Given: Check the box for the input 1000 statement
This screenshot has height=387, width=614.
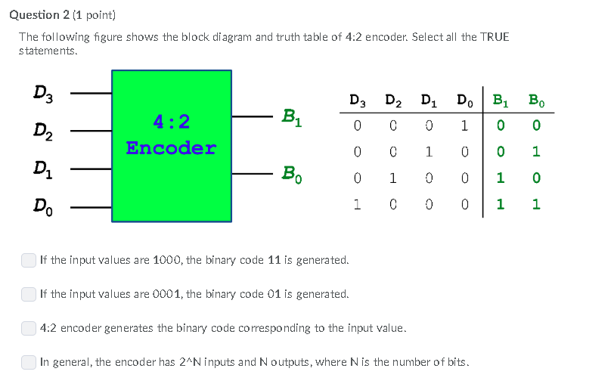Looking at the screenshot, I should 29,260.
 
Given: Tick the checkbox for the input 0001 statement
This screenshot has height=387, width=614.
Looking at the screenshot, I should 29,293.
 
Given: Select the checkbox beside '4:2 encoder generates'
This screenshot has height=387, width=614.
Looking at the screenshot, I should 29,328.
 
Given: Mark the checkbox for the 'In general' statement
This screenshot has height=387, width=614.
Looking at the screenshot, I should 29,362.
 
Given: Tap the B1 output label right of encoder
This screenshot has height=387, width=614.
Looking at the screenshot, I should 291,117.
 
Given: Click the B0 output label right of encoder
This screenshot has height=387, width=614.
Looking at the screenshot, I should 291,175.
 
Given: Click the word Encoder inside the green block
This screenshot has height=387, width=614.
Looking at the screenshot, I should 171,147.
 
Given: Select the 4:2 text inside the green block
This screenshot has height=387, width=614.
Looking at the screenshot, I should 171,121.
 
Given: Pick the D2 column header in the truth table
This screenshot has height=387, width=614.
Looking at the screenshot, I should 393,101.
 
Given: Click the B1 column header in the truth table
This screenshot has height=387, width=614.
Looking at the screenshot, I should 501,101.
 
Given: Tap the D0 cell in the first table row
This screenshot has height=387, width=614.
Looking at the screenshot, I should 464,125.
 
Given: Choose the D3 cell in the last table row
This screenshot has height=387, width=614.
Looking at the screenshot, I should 357,204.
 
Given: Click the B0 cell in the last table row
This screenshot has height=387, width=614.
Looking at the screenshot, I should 536,204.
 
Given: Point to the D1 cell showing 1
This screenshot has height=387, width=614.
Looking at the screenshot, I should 428,151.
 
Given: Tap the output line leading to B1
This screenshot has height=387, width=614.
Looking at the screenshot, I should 253,117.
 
